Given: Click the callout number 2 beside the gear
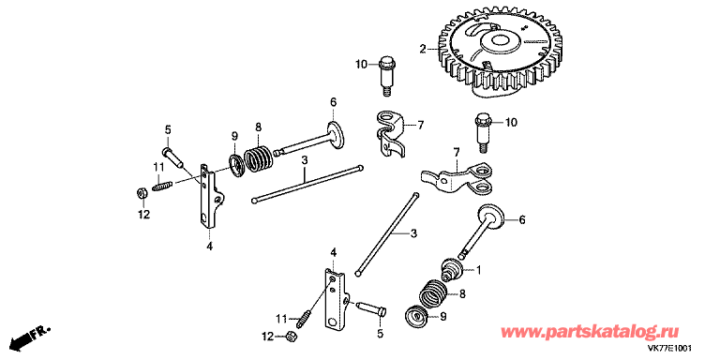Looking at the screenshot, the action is [423, 48].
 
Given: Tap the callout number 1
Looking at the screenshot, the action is [478, 271].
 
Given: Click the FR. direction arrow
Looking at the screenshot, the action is [30, 337].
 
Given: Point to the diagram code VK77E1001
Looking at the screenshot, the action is [668, 348].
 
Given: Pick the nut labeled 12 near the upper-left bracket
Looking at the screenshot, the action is [142, 193].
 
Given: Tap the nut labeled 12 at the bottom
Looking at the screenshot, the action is [290, 336].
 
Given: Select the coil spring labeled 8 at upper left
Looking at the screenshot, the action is [258, 158].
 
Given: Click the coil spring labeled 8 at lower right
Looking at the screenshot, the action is [432, 293].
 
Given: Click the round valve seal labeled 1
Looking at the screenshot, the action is [451, 269].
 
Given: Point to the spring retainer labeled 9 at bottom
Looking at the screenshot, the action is [417, 317].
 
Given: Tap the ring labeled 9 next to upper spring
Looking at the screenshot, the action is [236, 165].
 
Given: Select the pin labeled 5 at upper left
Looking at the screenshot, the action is [172, 157].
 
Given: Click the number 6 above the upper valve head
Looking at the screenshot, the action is [333, 102].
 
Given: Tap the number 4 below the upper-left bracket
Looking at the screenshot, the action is [209, 247].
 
